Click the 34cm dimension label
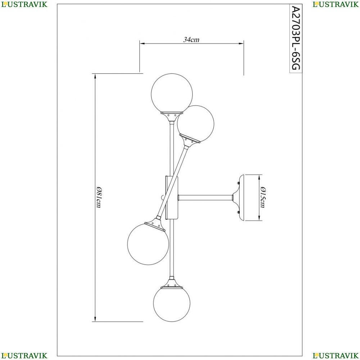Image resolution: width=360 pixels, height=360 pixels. point(191,40)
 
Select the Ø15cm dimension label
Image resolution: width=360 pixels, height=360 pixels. point(263,197)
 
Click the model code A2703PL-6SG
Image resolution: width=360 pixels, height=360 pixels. point(296,38)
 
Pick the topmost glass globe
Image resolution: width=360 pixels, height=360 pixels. point(172,94)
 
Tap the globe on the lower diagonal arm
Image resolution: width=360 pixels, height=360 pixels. point(148,244)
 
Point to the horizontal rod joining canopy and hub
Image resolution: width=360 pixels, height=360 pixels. point(206,197)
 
